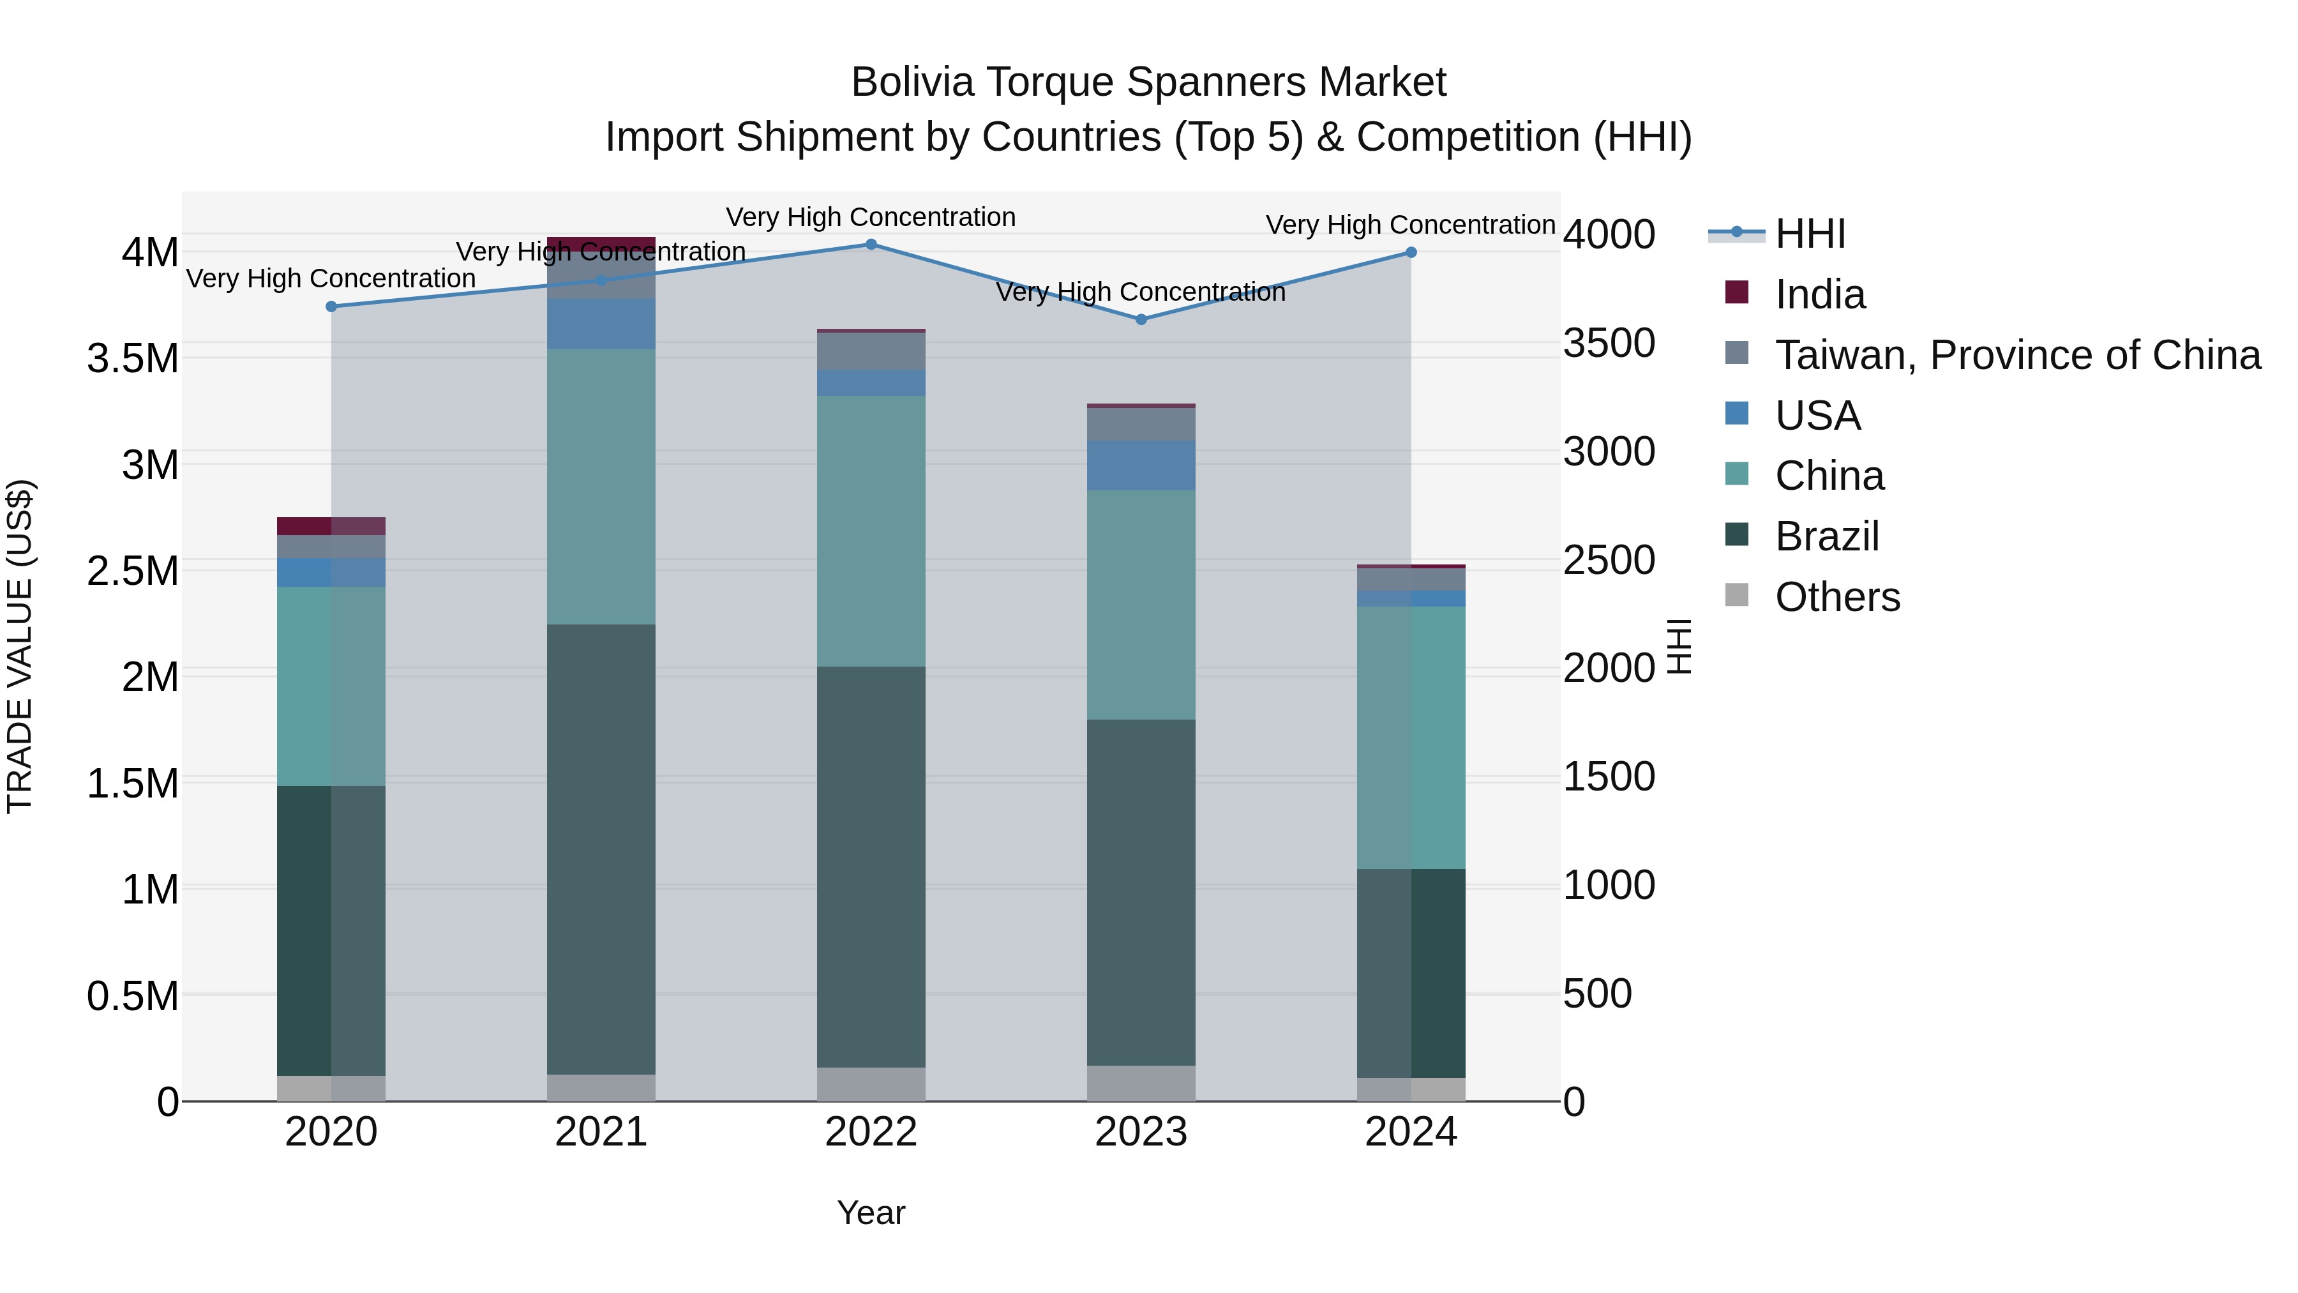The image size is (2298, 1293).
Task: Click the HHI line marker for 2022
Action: (x=871, y=245)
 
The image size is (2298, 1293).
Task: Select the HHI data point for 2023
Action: (x=1141, y=319)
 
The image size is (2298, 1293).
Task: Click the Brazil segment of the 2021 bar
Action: (x=601, y=848)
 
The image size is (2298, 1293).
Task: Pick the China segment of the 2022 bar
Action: (x=871, y=531)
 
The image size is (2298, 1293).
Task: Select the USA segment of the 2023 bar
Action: (x=1141, y=465)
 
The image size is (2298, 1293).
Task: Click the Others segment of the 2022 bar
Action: (x=871, y=1084)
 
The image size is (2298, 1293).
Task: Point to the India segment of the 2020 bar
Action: (x=331, y=526)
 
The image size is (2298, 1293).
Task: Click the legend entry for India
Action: (x=1819, y=294)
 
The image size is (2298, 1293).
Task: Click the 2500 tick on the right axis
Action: (x=1609, y=561)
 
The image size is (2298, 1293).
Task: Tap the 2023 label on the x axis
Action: (x=1141, y=1132)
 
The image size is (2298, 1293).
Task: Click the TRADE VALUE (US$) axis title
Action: (x=20, y=646)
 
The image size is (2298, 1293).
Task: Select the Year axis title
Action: (x=871, y=1213)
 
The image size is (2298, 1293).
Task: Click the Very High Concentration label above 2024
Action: (x=1409, y=225)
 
